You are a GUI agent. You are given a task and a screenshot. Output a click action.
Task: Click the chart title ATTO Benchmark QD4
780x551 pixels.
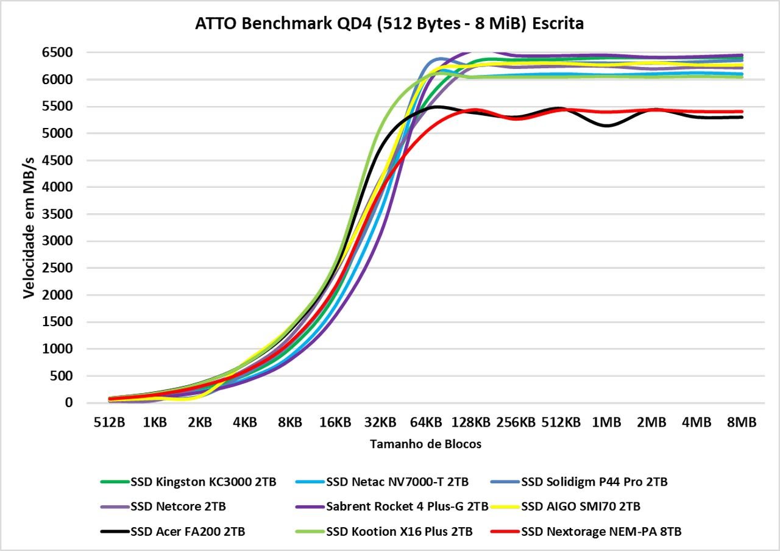(389, 24)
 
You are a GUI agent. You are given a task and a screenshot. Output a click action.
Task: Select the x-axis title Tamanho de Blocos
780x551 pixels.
(425, 444)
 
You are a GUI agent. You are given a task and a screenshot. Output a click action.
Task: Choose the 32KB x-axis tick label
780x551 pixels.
(380, 422)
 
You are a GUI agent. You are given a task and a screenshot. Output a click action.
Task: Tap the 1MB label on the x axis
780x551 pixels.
(606, 422)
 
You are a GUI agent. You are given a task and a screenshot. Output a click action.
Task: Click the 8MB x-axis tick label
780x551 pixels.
(742, 422)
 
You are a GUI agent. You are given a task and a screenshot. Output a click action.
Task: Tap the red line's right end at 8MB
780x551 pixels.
(742, 112)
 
